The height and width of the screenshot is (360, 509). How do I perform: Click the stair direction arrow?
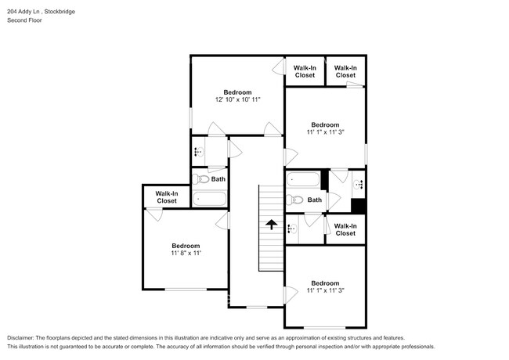(272, 225)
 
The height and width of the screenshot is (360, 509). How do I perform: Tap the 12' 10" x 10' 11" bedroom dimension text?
(237, 99)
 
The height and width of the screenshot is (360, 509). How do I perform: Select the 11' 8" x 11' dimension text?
(186, 253)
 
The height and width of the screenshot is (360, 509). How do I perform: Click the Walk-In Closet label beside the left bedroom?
(167, 197)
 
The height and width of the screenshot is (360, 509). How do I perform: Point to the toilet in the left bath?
(200, 178)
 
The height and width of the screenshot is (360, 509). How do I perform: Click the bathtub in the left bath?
(209, 199)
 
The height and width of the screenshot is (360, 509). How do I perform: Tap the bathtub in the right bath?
(303, 179)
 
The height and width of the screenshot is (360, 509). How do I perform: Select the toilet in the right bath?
(294, 200)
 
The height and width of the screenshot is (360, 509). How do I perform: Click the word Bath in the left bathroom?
(218, 179)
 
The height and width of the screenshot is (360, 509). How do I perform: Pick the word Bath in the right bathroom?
(315, 200)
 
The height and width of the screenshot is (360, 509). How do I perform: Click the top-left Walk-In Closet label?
(305, 71)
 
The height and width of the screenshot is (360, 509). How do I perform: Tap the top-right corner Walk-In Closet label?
(345, 71)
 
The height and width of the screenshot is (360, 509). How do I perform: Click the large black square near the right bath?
(359, 206)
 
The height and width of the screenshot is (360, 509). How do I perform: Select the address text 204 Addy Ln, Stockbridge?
(41, 12)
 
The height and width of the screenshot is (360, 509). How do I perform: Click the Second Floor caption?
(24, 20)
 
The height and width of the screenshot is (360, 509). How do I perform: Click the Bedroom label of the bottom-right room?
(325, 283)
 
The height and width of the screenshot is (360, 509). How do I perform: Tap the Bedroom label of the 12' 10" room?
(237, 92)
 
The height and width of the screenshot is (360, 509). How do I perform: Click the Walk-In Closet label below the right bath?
(345, 229)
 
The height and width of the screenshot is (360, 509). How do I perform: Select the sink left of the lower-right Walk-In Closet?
(292, 229)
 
